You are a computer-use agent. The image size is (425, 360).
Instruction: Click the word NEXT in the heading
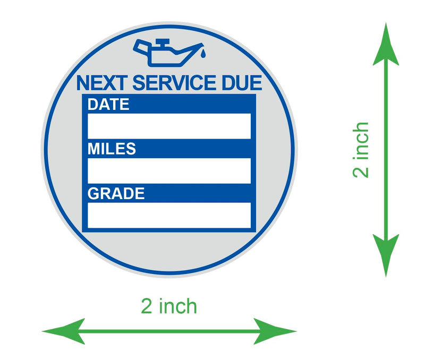[x=102, y=83]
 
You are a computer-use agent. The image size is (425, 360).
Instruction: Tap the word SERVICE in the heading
[x=174, y=83]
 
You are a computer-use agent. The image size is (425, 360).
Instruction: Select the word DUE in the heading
[x=242, y=83]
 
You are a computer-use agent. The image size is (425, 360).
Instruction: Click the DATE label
[x=108, y=104]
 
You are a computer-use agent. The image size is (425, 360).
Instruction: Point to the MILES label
[x=112, y=149]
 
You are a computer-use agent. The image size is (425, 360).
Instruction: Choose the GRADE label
[x=116, y=193]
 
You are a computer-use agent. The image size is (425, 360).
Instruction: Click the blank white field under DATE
[x=169, y=126]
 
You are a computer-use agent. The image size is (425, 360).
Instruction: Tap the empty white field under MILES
[x=169, y=170]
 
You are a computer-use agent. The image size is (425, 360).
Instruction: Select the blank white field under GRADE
[x=169, y=216]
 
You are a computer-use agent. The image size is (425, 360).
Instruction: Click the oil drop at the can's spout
[x=203, y=54]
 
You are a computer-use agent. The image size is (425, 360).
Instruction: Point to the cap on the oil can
[x=163, y=42]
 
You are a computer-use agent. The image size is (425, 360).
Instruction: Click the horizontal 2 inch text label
[x=169, y=306]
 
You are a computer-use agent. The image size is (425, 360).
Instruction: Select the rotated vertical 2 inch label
[x=361, y=150]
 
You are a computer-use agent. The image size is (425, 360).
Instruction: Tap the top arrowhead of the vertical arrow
[x=386, y=44]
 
